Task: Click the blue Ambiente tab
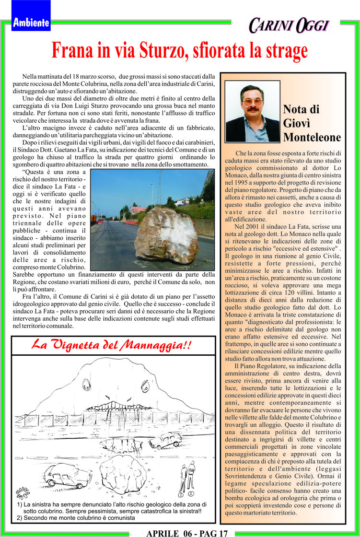point(31,22)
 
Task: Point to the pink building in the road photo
point(138,210)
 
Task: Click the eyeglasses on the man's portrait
point(252,101)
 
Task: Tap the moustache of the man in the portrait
point(253,109)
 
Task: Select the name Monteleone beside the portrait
point(312,138)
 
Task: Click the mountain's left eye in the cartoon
point(87,384)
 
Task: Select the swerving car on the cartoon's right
point(165,440)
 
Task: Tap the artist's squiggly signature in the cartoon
point(23,493)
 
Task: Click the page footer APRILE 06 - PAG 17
point(187,533)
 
